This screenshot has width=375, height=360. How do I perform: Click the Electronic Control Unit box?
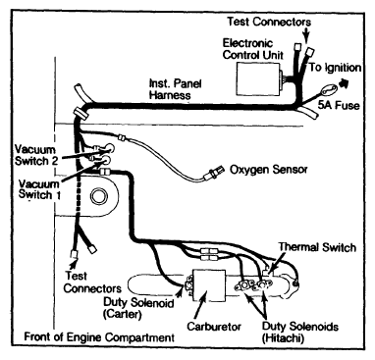[257, 78]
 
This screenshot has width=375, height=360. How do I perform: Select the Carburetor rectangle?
[209, 285]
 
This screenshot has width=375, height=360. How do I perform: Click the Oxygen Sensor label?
[268, 170]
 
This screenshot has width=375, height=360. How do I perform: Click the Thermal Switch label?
[317, 247]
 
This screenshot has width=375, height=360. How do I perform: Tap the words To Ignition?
[335, 68]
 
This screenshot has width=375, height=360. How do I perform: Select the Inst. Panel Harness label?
[175, 89]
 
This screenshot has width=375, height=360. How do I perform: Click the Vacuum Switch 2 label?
[36, 155]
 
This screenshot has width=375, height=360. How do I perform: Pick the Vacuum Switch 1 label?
[39, 189]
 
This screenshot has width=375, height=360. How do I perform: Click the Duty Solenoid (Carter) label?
[138, 308]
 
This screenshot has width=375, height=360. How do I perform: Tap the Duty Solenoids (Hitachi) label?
[299, 332]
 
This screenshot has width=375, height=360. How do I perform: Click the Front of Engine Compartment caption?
[99, 336]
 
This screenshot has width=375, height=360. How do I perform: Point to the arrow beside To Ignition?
[343, 82]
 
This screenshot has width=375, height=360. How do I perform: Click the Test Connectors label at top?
[269, 22]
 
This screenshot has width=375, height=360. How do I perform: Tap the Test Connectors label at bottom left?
[92, 283]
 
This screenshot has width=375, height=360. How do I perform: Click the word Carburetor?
[214, 327]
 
